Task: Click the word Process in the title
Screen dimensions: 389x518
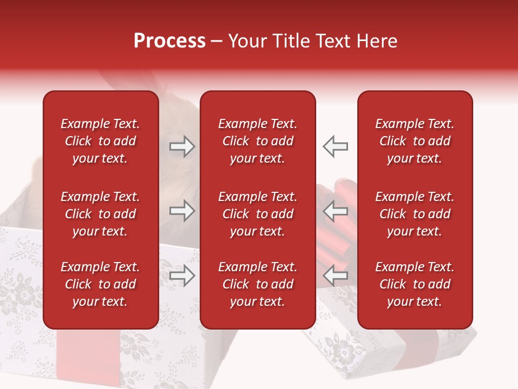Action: click(169, 41)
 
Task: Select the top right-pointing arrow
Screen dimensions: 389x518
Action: click(182, 146)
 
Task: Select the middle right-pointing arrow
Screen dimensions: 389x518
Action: click(182, 211)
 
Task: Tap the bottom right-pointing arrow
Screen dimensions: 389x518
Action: click(182, 276)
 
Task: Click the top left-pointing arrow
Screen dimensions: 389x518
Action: click(336, 146)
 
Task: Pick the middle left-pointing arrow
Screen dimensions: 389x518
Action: click(336, 211)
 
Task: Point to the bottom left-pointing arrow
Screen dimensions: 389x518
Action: click(336, 276)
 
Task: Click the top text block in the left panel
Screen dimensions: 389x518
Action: click(100, 141)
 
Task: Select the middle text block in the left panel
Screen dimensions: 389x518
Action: click(100, 214)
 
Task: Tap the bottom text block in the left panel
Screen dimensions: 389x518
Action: click(100, 284)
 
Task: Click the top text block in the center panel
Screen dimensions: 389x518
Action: click(257, 141)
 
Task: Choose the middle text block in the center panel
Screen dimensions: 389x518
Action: click(257, 214)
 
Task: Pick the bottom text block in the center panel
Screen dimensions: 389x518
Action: click(257, 284)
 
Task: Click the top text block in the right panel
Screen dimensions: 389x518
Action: click(414, 141)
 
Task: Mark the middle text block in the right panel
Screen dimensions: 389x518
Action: click(414, 214)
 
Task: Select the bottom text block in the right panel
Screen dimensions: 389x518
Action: click(414, 284)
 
